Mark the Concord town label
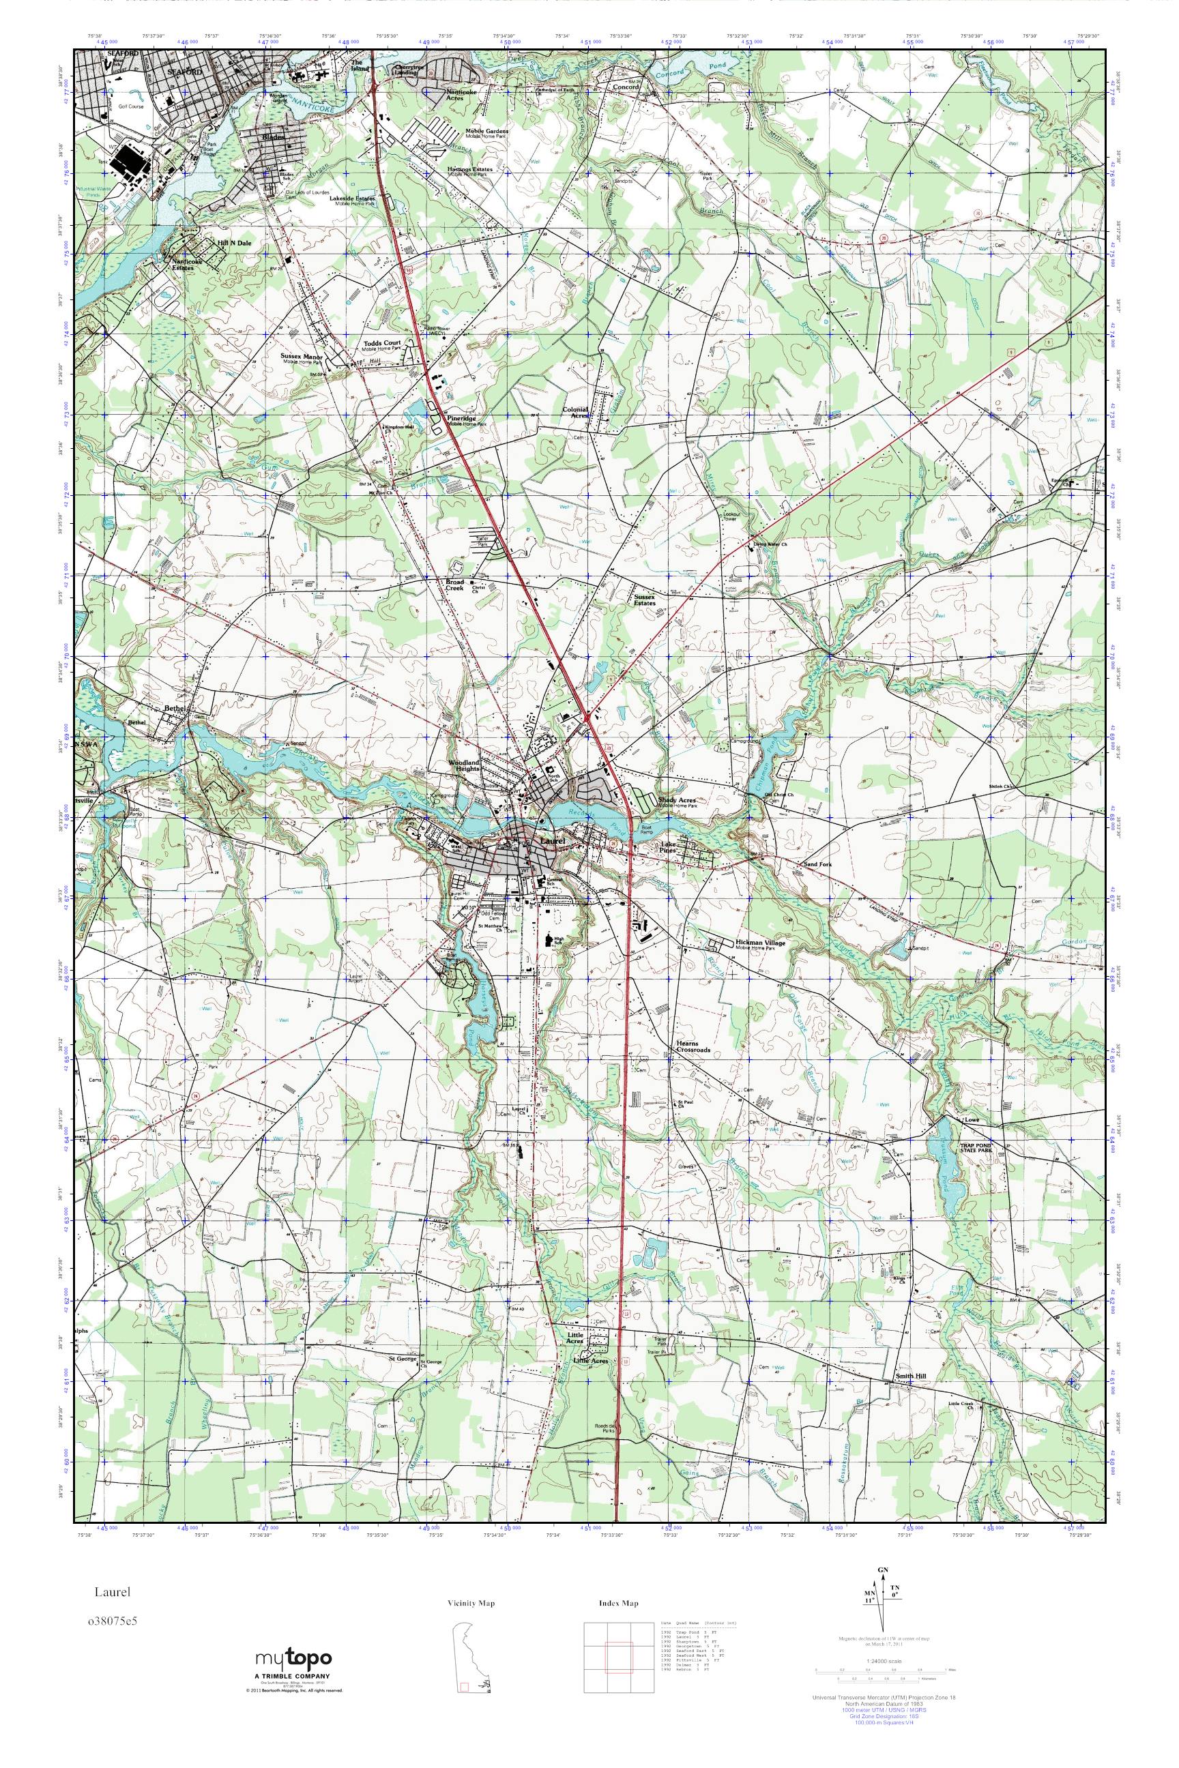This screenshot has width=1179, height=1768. [626, 87]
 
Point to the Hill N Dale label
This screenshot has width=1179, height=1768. [233, 243]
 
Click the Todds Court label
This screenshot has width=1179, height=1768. [382, 343]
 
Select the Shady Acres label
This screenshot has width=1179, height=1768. [676, 801]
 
